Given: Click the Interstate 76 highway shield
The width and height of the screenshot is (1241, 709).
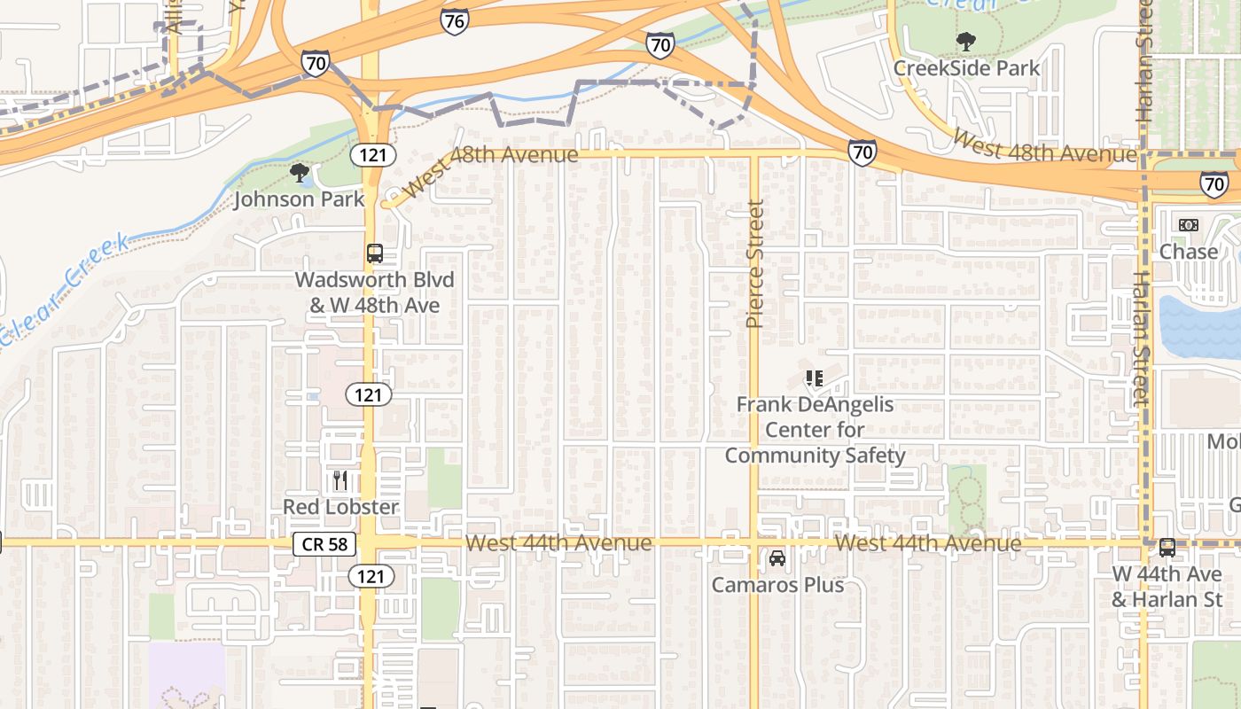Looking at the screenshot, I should [x=454, y=21].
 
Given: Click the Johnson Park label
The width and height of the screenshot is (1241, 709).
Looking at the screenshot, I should [x=299, y=199].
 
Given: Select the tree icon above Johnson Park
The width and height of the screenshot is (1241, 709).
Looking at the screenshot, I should [x=300, y=172].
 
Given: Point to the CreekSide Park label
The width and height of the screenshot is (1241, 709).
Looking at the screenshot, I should [x=966, y=68].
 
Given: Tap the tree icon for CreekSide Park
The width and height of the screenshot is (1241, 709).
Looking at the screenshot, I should [x=965, y=41].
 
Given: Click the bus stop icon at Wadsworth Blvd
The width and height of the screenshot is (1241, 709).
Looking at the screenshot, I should [x=375, y=253].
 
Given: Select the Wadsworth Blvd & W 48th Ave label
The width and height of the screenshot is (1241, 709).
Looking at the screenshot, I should [x=374, y=292].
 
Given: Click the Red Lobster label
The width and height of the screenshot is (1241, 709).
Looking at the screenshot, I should [x=340, y=507].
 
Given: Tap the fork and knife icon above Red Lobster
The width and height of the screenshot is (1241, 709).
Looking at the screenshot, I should [x=340, y=480].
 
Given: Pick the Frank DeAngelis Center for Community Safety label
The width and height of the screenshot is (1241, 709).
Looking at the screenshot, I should [x=815, y=431].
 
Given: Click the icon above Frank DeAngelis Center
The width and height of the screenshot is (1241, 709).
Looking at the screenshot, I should [x=815, y=378].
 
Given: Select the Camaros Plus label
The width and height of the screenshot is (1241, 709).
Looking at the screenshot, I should [x=777, y=585].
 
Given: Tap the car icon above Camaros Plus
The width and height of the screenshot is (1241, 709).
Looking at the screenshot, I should [x=777, y=558].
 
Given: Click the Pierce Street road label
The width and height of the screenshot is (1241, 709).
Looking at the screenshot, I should [x=755, y=264].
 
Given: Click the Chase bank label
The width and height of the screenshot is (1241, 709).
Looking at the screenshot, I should [x=1189, y=252].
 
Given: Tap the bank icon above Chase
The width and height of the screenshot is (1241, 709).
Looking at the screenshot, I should [x=1189, y=225].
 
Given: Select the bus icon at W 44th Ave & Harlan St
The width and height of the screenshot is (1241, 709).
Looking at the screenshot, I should [x=1167, y=548].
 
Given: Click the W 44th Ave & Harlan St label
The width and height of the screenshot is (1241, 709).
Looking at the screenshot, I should [x=1167, y=587].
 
